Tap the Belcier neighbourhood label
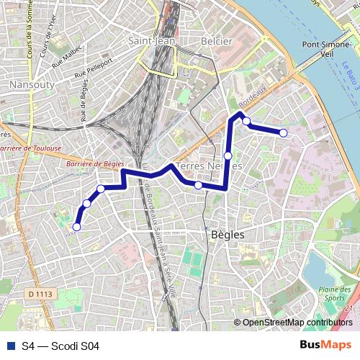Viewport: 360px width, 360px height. click(x=217, y=41)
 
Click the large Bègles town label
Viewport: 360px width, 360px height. click(x=228, y=235)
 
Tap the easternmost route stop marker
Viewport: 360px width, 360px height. click(x=284, y=132)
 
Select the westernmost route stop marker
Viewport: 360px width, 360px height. click(x=76, y=227)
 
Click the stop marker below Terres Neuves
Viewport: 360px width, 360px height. click(x=198, y=186)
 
